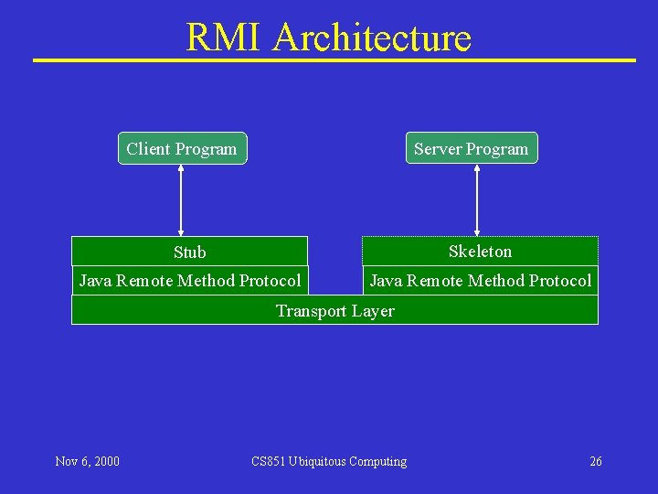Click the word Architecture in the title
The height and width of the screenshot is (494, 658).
click(372, 38)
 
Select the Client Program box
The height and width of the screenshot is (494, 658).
click(182, 148)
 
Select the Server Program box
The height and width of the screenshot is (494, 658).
click(472, 148)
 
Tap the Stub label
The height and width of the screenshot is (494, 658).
click(190, 252)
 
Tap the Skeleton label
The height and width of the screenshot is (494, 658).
click(480, 251)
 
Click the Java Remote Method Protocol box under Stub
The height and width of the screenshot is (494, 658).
click(190, 280)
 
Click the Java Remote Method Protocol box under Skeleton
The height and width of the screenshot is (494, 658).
click(480, 280)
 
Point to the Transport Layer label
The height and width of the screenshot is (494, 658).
click(335, 310)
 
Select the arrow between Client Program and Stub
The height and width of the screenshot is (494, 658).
click(181, 200)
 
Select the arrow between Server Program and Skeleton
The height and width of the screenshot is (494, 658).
click(477, 200)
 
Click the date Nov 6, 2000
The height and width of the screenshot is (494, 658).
click(87, 461)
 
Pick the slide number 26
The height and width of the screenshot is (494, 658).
click(596, 461)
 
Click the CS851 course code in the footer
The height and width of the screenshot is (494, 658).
click(268, 461)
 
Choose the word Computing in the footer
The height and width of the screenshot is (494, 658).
click(378, 461)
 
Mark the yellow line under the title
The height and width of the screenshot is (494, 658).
click(334, 60)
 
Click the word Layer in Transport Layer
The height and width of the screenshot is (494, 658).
click(373, 310)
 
